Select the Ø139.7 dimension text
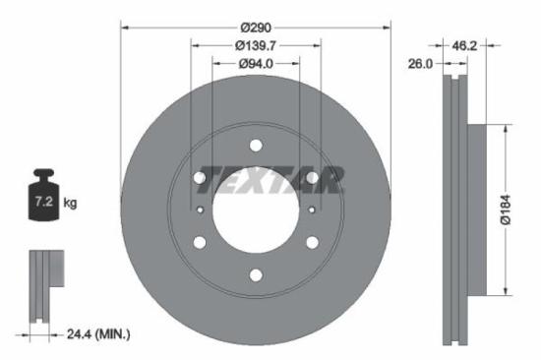point(255,45)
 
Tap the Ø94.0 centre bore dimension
point(255,64)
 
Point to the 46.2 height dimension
point(465,45)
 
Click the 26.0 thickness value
point(420,64)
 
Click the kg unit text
point(70,204)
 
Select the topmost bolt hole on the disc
point(256,147)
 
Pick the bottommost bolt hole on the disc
point(256,275)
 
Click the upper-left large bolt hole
point(200,178)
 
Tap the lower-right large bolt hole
point(312,243)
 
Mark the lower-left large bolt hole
point(200,243)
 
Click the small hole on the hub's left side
point(200,210)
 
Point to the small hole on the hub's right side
point(312,210)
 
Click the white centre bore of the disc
point(256,210)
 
